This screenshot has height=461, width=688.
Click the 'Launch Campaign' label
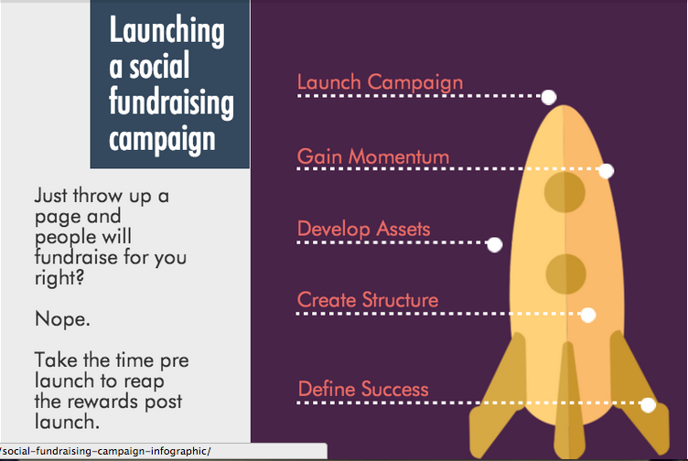(x=380, y=82)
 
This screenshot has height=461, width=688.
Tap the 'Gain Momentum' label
(x=373, y=156)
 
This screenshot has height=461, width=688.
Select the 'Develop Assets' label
(x=364, y=229)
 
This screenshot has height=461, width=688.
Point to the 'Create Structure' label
(x=368, y=300)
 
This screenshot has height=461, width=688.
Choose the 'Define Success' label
(x=363, y=389)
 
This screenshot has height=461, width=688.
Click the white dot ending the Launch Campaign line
(x=548, y=97)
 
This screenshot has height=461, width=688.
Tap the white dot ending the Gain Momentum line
(x=606, y=171)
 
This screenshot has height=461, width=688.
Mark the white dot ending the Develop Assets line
(x=494, y=244)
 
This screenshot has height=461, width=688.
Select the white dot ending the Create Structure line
(x=588, y=315)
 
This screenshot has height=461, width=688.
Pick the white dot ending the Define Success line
(x=648, y=405)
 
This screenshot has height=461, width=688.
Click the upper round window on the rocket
(x=564, y=192)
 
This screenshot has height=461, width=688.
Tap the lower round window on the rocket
(x=566, y=273)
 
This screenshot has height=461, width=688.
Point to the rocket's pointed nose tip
(x=564, y=106)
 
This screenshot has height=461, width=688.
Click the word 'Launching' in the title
(x=167, y=30)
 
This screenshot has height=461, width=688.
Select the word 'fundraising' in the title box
(x=171, y=102)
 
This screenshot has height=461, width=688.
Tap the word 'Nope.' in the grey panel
(x=62, y=319)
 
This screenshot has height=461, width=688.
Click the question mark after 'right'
(x=79, y=277)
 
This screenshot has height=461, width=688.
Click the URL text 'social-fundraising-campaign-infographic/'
(x=107, y=451)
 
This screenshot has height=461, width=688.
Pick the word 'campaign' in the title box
(x=162, y=139)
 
